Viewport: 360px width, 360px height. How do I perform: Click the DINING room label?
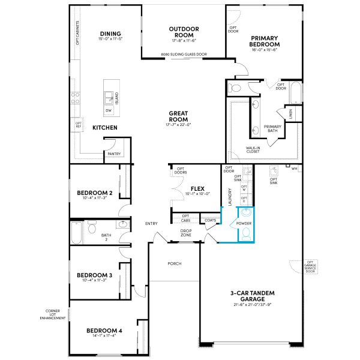(x=111, y=34)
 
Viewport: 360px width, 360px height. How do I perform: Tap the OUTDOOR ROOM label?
(x=184, y=32)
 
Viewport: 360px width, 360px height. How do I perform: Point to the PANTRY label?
(x=114, y=154)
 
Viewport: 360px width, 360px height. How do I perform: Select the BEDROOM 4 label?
(x=104, y=331)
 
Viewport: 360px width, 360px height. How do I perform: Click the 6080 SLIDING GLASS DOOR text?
(x=184, y=55)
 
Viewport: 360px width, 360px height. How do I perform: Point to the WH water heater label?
(x=294, y=169)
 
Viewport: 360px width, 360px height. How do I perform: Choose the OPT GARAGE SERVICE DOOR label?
(x=310, y=267)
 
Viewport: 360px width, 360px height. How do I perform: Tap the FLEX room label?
(x=198, y=188)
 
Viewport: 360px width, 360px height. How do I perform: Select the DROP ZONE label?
(x=185, y=233)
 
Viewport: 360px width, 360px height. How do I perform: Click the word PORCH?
(x=175, y=263)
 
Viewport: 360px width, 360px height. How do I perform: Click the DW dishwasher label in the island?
(x=108, y=111)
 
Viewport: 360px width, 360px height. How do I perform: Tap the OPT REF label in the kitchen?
(x=79, y=125)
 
